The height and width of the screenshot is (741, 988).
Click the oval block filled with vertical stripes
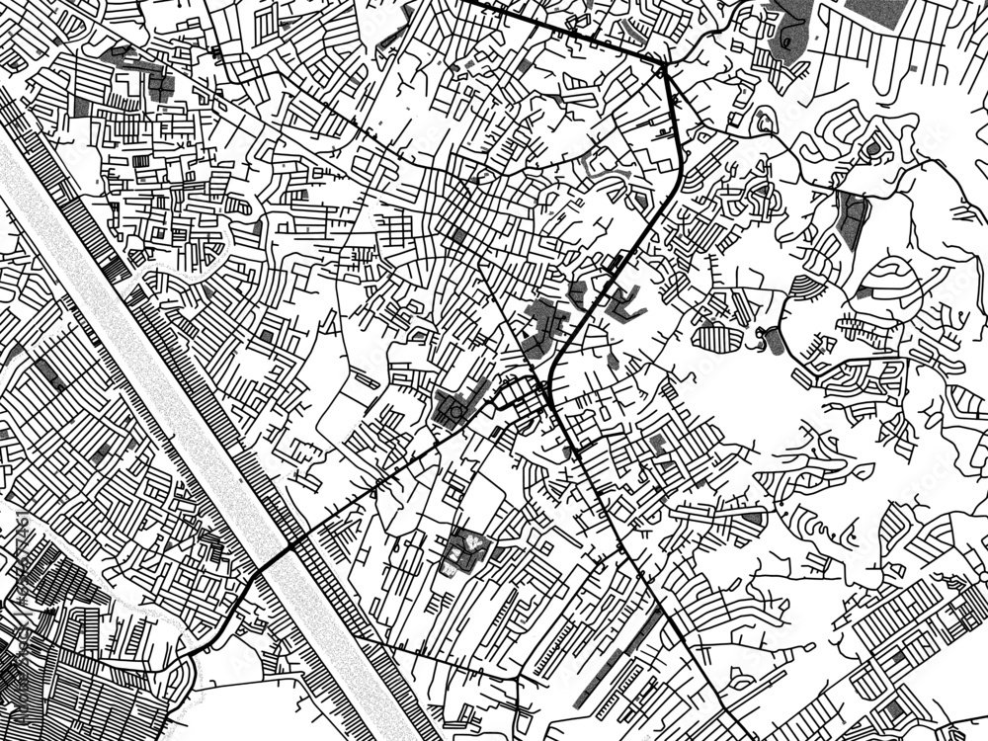click(x=719, y=338)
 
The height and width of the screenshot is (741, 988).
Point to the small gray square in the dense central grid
click(x=457, y=237)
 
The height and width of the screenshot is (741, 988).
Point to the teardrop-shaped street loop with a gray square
click(x=764, y=123)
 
